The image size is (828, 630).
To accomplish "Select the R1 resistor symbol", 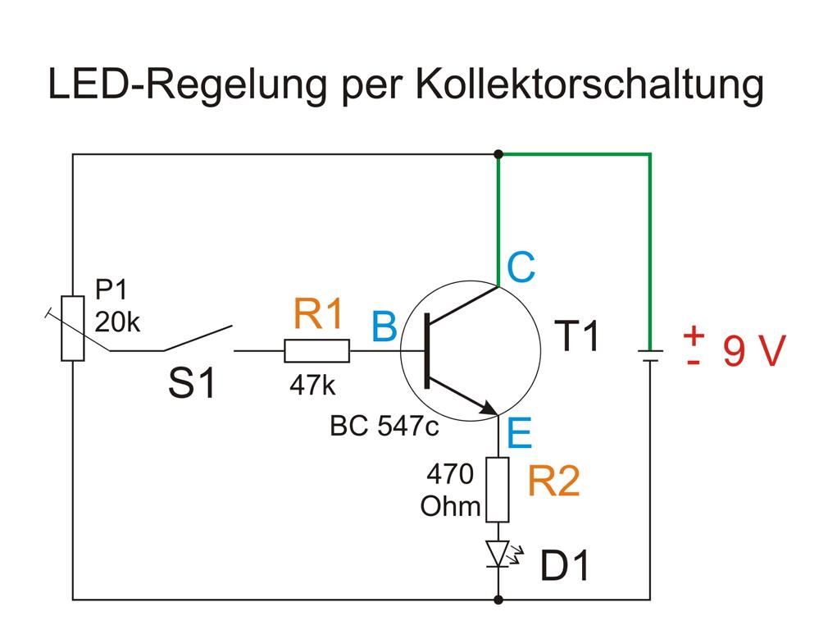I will (316, 351).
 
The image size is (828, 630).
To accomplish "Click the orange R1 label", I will (318, 315).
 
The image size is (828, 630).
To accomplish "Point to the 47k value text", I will (312, 386).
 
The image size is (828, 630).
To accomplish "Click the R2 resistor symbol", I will (498, 490).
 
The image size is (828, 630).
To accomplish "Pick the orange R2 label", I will (553, 481).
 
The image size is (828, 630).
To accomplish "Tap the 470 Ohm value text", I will (450, 490).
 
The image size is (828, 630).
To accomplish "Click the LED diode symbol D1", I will (498, 555).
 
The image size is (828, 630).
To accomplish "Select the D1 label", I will (565, 566).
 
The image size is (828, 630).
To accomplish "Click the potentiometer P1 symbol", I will (73, 328).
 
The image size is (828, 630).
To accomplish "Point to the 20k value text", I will (117, 322).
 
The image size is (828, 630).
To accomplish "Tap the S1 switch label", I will (193, 383).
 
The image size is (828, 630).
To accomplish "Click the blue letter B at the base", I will (384, 327).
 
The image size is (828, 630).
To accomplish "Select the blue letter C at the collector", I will (521, 267).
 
